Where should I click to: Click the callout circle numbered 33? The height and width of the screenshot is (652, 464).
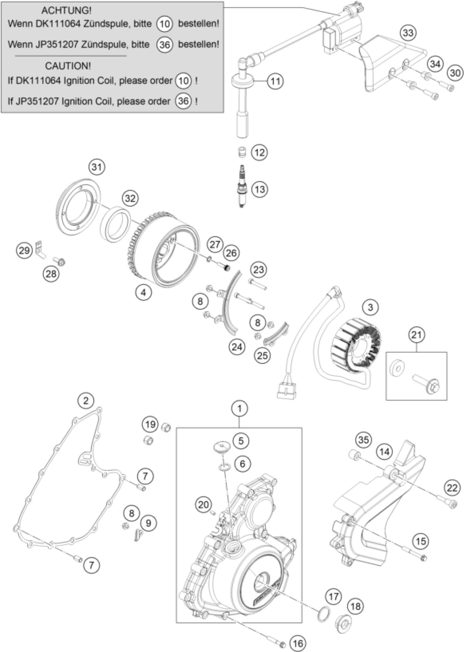[408, 33]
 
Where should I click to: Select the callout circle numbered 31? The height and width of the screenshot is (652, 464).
[97, 167]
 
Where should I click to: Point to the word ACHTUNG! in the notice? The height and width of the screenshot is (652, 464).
[66, 11]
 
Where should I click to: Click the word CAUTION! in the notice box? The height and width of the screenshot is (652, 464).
[68, 66]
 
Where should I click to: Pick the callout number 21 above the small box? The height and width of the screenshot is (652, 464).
[416, 335]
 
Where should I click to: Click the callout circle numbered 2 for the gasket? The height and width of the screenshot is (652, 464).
[86, 401]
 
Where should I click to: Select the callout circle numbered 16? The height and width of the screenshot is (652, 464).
[298, 641]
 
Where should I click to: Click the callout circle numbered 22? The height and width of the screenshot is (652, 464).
[452, 488]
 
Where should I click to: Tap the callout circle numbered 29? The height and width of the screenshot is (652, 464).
[24, 250]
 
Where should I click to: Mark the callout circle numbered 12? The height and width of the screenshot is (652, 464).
[259, 152]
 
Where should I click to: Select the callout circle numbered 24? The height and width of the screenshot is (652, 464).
[237, 347]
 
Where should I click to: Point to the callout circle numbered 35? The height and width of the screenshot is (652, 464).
[364, 440]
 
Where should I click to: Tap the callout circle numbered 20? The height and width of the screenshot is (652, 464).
[203, 505]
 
